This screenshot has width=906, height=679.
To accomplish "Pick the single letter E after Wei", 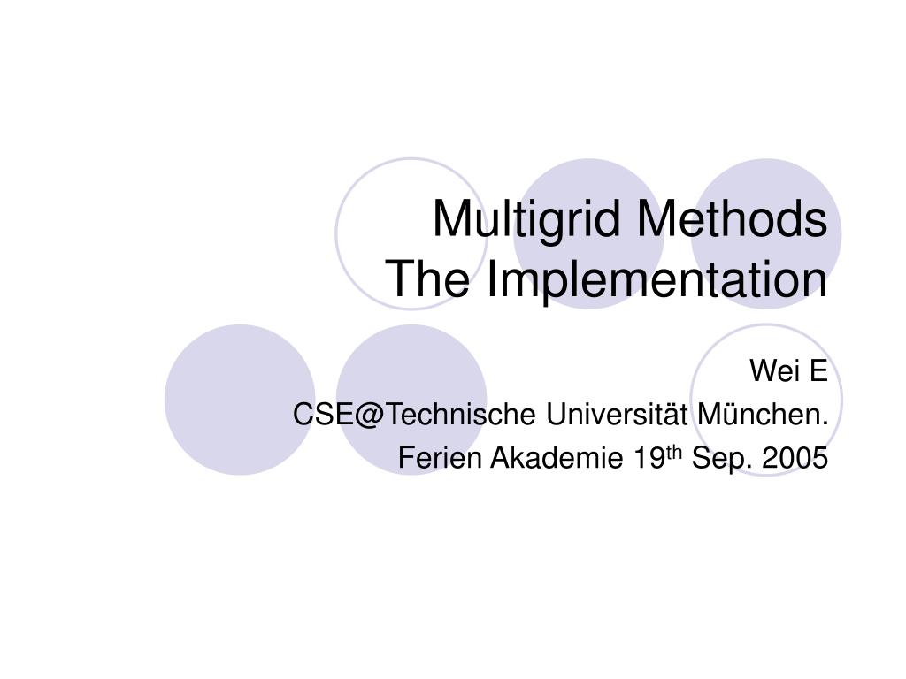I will pyautogui.click(x=818, y=371).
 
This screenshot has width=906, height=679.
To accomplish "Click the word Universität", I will pyautogui.click(x=617, y=414).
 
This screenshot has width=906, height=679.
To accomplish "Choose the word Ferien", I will pyautogui.click(x=439, y=458).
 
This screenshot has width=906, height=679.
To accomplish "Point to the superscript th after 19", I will pyautogui.click(x=673, y=453).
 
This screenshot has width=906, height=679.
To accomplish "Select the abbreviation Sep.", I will pyautogui.click(x=718, y=458).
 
